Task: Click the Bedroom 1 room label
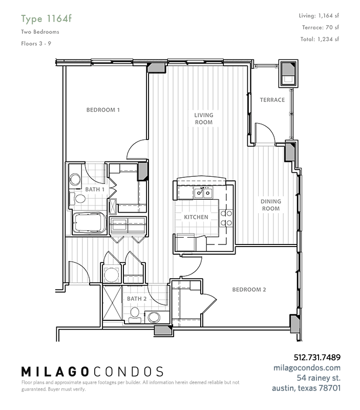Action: (x=103, y=110)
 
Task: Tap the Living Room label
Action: (x=203, y=118)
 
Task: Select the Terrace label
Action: (x=272, y=99)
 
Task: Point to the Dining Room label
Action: (x=271, y=205)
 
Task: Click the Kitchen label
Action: (x=196, y=217)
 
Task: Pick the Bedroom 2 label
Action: (x=249, y=290)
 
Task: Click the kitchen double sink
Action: (x=203, y=193)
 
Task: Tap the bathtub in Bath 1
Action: (x=89, y=222)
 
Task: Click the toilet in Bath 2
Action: (x=135, y=315)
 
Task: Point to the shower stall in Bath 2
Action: (x=112, y=303)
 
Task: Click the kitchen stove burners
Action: (x=226, y=218)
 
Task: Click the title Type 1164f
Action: (x=46, y=19)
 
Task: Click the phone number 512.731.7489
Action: (x=317, y=357)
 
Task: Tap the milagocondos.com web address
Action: (x=307, y=367)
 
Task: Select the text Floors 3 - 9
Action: (x=36, y=44)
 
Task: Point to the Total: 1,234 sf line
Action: (x=320, y=39)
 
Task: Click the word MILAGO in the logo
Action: (x=55, y=372)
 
